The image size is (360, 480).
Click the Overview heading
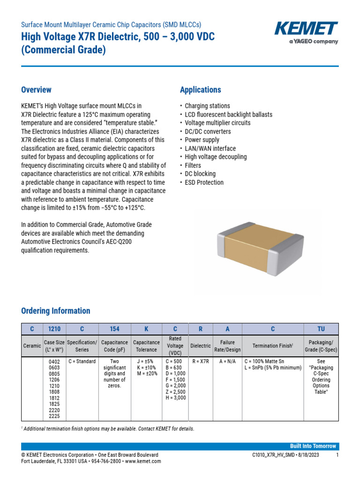click(x=36, y=90)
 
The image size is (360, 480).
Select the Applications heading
click(x=200, y=90)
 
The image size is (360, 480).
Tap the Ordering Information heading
click(x=56, y=311)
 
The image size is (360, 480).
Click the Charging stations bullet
click(x=207, y=106)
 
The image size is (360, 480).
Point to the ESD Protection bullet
click(x=204, y=182)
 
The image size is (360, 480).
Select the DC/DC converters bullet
click(x=208, y=132)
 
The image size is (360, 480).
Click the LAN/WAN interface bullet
click(x=210, y=149)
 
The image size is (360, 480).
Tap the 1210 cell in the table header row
click(x=54, y=329)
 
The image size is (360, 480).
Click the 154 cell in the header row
click(x=114, y=329)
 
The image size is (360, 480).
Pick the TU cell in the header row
click(x=321, y=329)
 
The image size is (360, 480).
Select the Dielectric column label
click(x=200, y=346)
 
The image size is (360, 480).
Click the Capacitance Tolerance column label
click(x=146, y=346)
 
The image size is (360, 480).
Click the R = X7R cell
click(x=200, y=361)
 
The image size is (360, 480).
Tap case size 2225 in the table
click(x=54, y=416)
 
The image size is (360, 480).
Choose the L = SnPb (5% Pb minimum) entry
click(x=272, y=368)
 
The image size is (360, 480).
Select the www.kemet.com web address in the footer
click(x=143, y=461)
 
